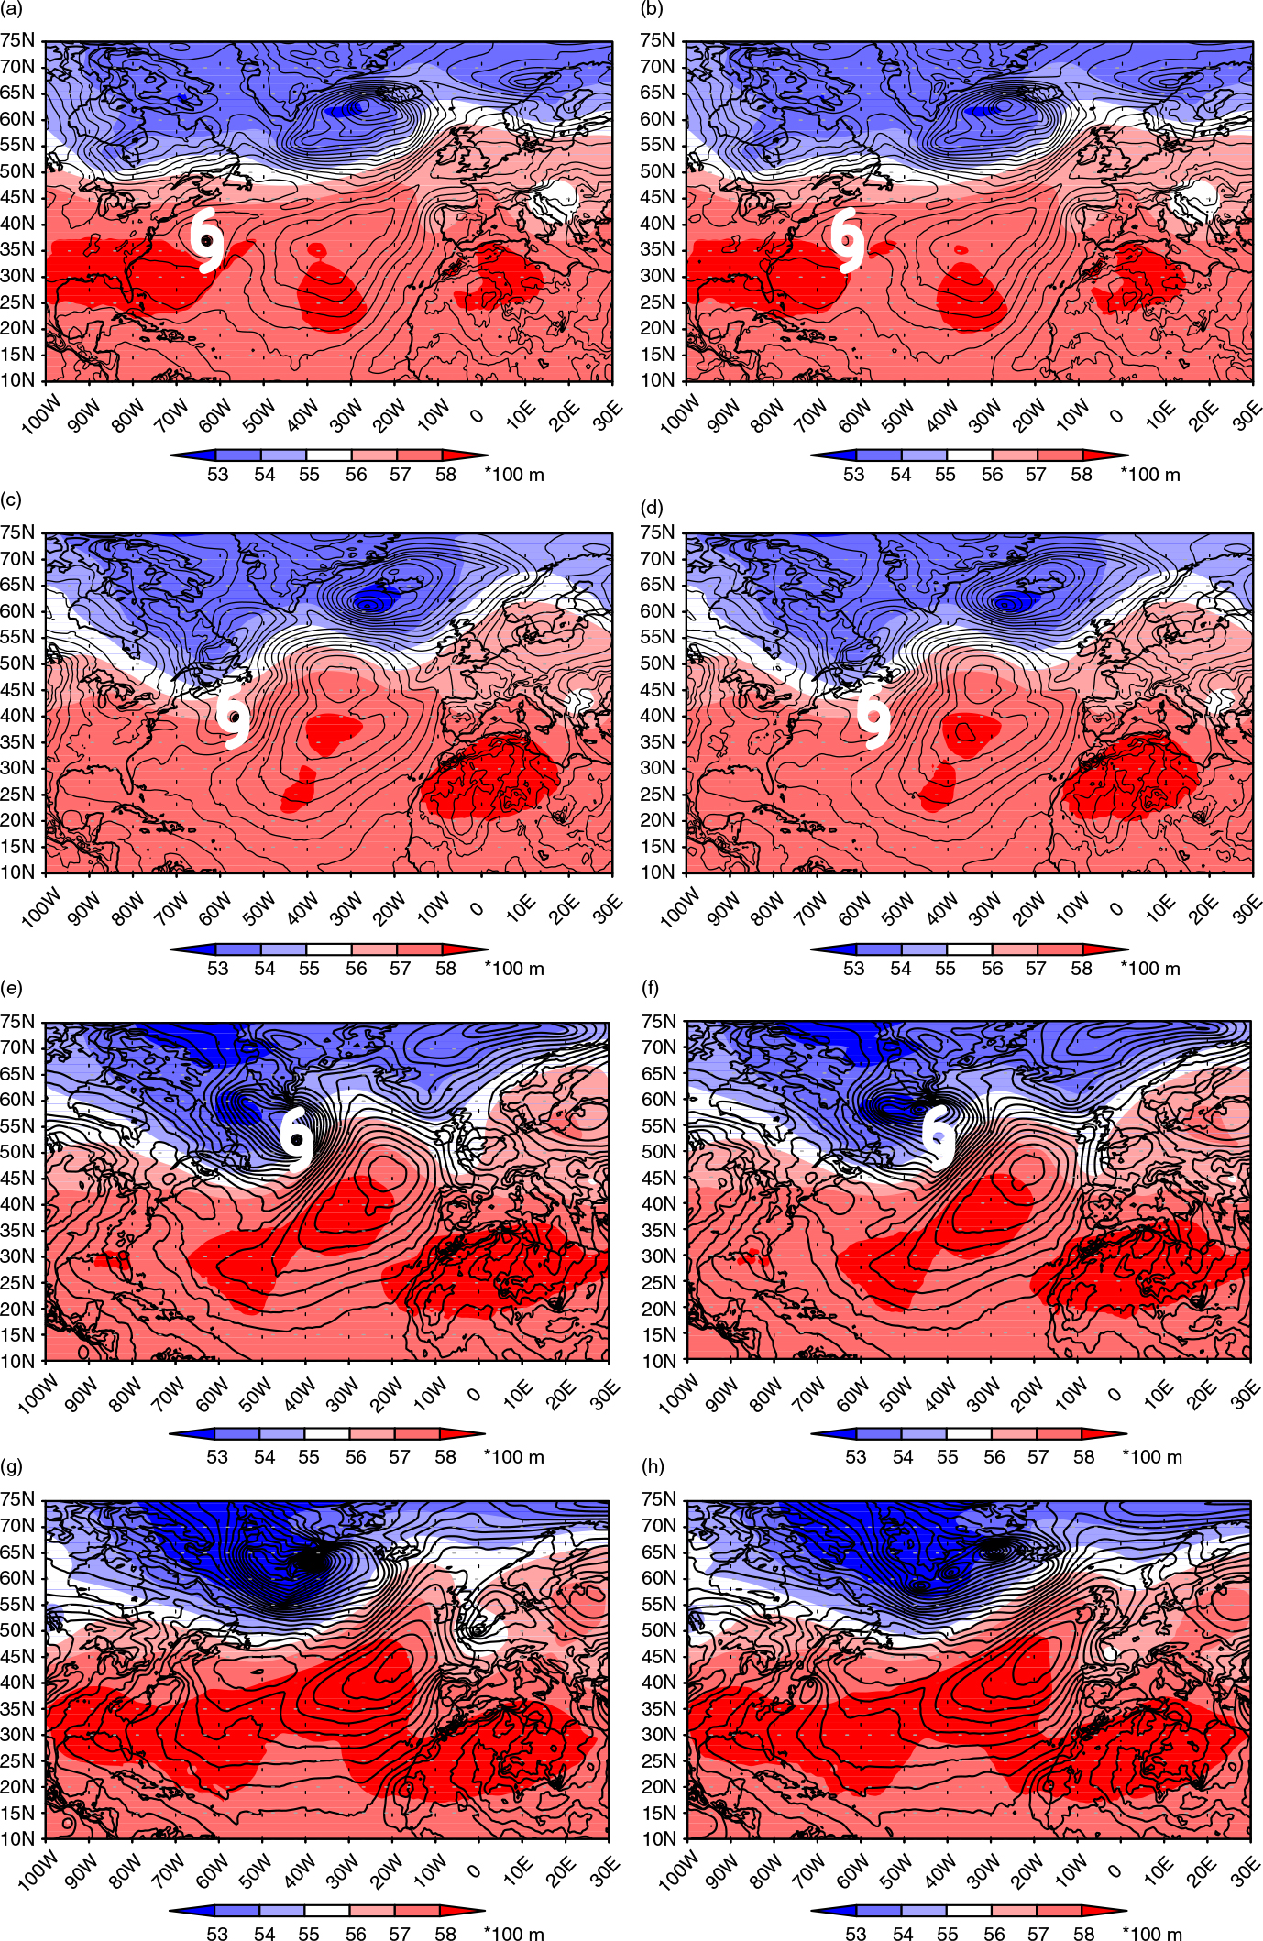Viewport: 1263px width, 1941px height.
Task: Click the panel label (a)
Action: tap(12, 9)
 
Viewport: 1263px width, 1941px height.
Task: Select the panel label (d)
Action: tap(653, 507)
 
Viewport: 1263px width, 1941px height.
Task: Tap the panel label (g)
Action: tap(13, 1466)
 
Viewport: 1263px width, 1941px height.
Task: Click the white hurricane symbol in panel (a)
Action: tap(208, 240)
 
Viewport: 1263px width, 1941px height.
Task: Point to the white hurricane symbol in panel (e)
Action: tap(297, 1139)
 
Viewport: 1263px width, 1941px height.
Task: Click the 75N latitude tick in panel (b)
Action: tap(658, 40)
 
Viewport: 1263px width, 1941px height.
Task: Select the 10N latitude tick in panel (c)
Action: tap(17, 872)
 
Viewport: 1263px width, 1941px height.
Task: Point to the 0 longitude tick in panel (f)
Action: tap(1115, 1394)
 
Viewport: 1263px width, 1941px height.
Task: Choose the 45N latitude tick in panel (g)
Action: tap(17, 1655)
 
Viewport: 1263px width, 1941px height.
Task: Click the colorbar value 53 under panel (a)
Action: tap(217, 475)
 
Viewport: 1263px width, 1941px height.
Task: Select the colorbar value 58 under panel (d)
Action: tap(1082, 969)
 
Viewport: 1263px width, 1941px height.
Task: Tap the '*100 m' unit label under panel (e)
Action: tap(514, 1457)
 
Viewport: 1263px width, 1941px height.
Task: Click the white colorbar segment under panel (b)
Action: tap(970, 455)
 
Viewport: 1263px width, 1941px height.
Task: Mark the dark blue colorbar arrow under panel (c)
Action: tap(192, 949)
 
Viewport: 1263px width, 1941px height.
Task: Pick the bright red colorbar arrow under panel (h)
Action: tap(1105, 1911)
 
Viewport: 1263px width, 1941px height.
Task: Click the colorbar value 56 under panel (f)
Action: tap(994, 1457)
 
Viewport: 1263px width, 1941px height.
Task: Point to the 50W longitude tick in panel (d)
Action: tap(897, 906)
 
